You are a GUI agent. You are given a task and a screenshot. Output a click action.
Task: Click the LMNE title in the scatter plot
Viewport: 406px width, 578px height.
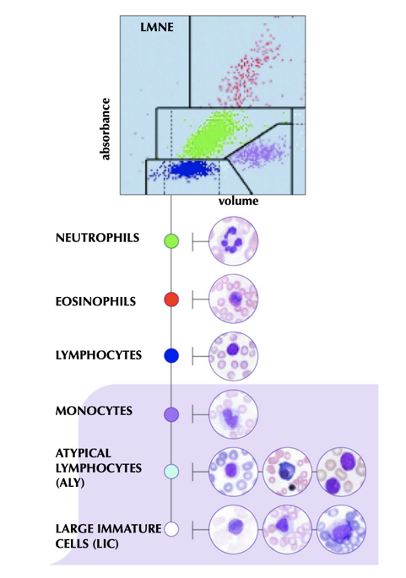[157, 27]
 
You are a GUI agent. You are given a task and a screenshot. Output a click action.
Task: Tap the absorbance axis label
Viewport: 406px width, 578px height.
[106, 129]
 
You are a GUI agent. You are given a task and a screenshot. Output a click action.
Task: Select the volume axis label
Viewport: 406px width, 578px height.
[238, 202]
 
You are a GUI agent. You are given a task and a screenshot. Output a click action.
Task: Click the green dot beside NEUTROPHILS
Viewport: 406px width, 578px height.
[171, 241]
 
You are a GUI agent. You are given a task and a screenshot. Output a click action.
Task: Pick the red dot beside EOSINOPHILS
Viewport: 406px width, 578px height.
[171, 300]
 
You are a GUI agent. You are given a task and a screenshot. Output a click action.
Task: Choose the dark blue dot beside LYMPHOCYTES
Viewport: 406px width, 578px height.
[171, 356]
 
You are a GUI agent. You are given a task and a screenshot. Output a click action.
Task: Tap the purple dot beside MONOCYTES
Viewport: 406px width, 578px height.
[171, 414]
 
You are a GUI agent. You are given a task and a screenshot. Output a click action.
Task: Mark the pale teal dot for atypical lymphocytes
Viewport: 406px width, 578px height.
[171, 472]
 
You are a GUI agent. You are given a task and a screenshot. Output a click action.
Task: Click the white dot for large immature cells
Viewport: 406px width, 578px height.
[171, 529]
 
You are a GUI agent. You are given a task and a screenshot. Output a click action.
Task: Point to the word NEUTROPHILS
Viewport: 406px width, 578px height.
[97, 238]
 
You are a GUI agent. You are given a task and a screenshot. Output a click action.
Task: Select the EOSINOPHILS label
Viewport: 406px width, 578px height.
[96, 301]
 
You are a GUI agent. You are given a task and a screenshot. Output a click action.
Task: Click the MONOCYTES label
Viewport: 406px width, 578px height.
[94, 411]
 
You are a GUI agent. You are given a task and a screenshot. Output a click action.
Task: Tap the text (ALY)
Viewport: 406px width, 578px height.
[70, 483]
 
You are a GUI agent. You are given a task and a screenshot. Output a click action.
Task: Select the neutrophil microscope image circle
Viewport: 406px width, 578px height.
[234, 241]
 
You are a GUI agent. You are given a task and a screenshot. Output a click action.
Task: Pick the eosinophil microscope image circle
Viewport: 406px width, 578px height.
[234, 299]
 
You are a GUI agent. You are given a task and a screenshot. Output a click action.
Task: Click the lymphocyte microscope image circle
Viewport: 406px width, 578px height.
[234, 356]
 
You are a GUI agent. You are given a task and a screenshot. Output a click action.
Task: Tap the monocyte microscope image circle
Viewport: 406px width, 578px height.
[234, 414]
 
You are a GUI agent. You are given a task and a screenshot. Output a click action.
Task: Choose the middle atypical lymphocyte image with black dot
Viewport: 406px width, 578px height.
[287, 472]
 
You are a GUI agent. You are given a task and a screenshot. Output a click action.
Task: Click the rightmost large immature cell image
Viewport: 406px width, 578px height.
[342, 529]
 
